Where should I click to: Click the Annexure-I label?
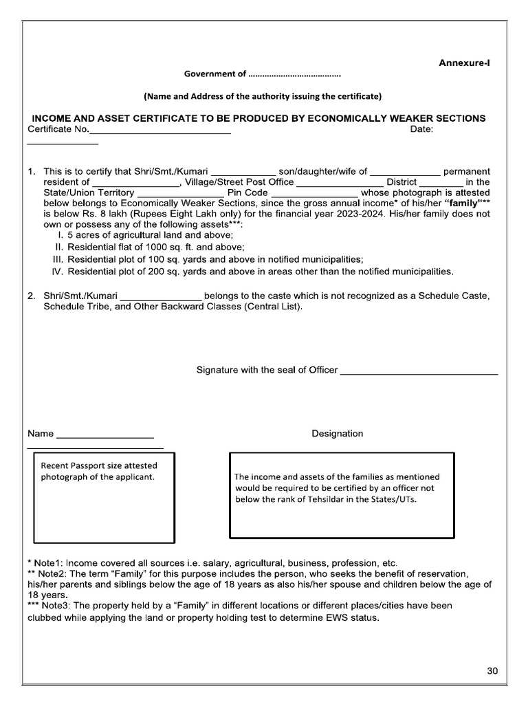pyautogui.click(x=464, y=63)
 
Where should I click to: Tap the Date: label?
pyautogui.click(x=421, y=130)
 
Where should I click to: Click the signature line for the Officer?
pyautogui.click(x=419, y=372)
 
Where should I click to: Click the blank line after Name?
pyautogui.click(x=104, y=436)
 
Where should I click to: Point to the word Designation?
pyautogui.click(x=337, y=433)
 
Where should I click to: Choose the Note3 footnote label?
pyautogui.click(x=51, y=606)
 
